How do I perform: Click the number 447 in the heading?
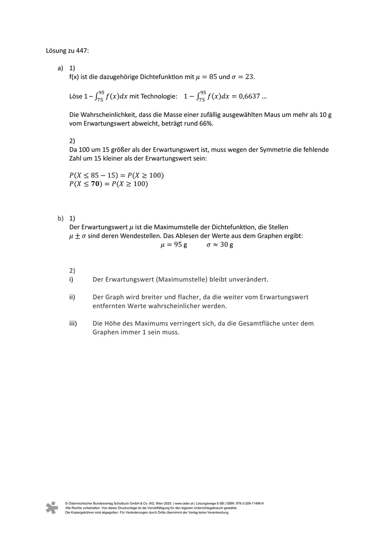tap(82, 50)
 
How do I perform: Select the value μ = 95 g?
tap(173, 245)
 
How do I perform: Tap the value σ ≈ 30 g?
tap(219, 245)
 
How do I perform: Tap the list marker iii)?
tap(73, 323)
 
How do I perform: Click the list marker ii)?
tap(72, 297)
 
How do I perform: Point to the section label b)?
tap(60, 218)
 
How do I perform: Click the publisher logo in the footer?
tap(52, 507)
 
